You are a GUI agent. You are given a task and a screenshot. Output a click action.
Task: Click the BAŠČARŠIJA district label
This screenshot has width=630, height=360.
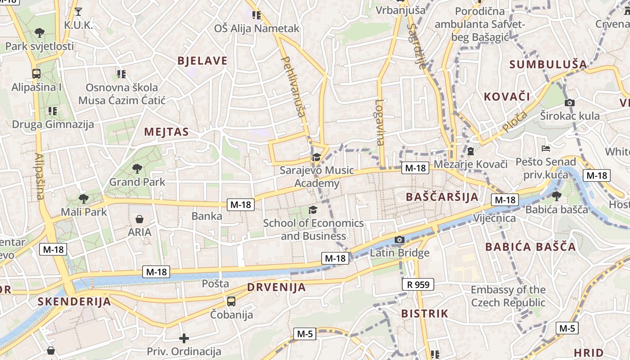coord(442,197)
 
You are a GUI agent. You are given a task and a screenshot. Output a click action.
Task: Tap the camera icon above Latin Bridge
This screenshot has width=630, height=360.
coord(399,239)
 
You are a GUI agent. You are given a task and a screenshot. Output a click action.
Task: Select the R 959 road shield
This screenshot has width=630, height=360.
coord(418,284)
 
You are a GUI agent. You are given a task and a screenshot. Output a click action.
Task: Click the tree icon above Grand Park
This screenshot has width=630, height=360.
coord(137,169)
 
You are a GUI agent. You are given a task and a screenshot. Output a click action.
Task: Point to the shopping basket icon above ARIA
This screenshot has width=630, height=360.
coord(139,219)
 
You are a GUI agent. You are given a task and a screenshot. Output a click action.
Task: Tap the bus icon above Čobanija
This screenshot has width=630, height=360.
coord(231,301)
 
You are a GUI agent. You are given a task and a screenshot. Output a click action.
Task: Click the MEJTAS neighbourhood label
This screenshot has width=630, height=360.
coord(166,132)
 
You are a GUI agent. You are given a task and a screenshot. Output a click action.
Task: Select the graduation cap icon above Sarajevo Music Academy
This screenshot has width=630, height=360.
coord(316,157)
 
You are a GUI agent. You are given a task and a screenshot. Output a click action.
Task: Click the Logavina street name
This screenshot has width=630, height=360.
coord(379,122)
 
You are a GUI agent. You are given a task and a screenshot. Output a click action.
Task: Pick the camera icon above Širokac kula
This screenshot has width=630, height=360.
coord(569,103)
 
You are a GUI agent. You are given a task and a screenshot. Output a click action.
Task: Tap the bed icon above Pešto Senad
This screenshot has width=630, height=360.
coord(545,148)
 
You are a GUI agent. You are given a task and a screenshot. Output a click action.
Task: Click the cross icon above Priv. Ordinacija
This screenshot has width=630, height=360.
coord(184,338)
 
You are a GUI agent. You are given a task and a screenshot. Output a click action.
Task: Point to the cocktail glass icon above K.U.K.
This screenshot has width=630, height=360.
coord(78,12)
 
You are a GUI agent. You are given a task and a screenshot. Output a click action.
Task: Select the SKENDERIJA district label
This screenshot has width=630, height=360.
coord(74,301)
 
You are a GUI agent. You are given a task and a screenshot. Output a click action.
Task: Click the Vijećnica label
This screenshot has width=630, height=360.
coord(495,218)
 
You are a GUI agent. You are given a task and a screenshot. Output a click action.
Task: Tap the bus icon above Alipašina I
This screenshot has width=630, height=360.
coord(36,73)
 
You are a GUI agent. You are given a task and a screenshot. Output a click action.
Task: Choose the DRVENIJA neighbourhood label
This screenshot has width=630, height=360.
coord(276,287)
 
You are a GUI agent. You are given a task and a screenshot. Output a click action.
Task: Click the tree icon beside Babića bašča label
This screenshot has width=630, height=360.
coord(557,196)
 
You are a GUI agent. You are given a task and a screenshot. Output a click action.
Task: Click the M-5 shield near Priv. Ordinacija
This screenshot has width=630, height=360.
coord(305,334)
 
